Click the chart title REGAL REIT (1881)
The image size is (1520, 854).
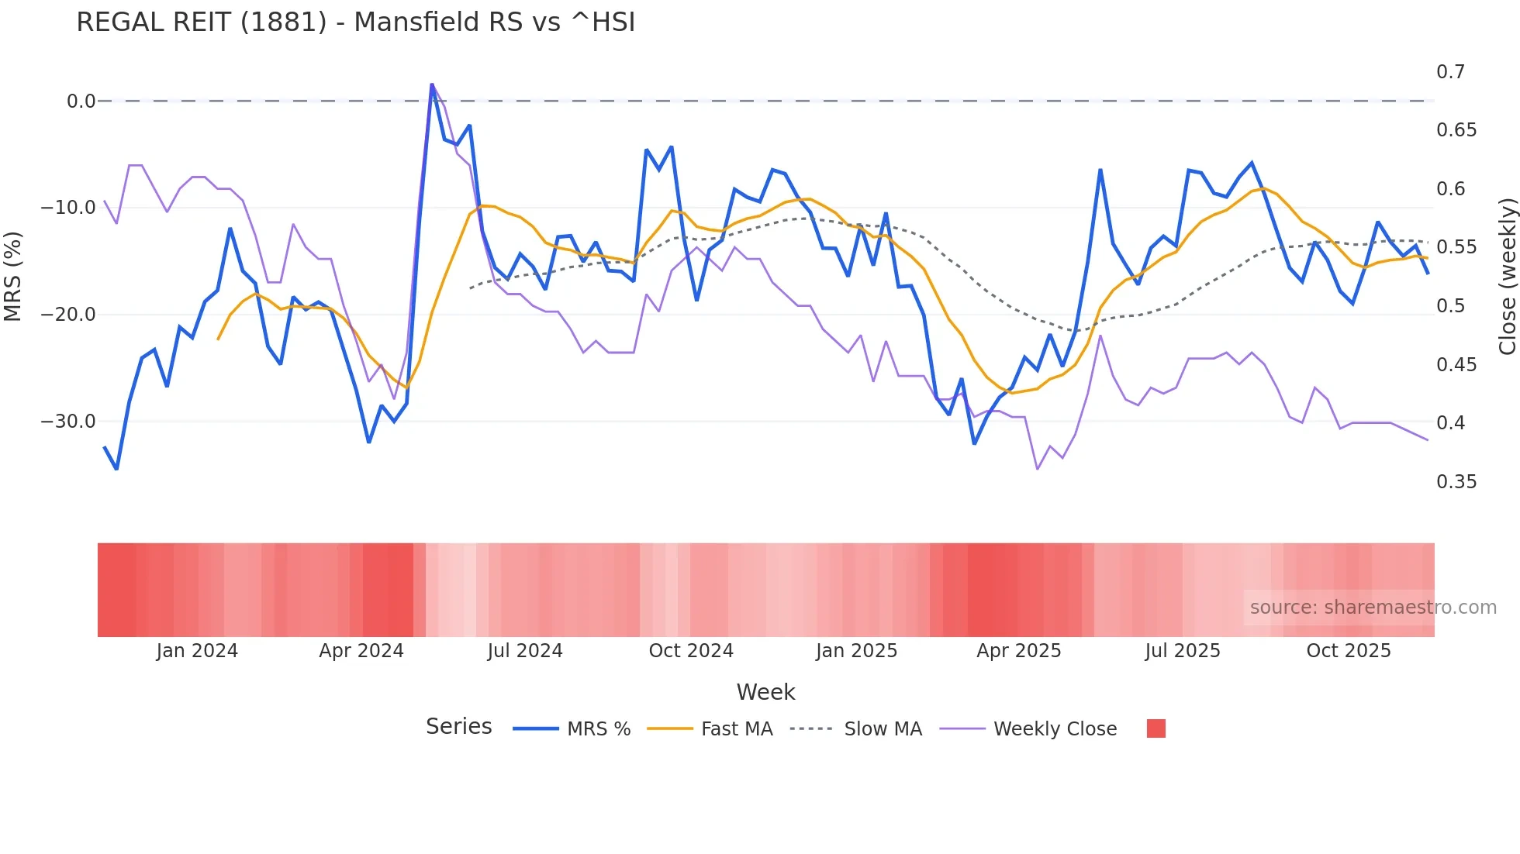click(355, 22)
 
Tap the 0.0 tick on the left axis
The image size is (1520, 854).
click(81, 102)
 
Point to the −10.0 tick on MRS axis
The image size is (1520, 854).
click(68, 208)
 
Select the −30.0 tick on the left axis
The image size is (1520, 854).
click(68, 422)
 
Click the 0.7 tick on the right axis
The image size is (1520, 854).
click(1450, 72)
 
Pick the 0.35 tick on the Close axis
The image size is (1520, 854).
click(1456, 482)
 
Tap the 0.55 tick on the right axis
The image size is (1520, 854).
click(1456, 247)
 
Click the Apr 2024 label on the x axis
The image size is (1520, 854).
click(361, 651)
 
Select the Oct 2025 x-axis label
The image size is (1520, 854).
click(1348, 651)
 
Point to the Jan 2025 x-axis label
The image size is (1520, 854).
click(856, 651)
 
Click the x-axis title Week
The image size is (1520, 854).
click(765, 692)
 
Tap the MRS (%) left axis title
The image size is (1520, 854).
click(12, 276)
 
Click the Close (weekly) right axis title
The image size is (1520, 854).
click(1507, 276)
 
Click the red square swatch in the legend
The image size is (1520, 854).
click(1156, 728)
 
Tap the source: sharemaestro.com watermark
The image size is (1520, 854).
click(1373, 608)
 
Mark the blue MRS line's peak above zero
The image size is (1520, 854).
click(432, 84)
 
